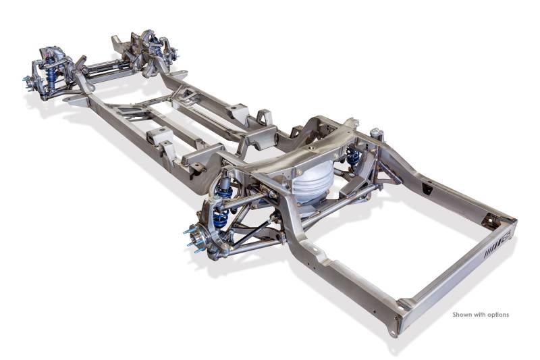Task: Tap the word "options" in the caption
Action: tap(497, 315)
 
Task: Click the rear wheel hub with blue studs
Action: tap(197, 238)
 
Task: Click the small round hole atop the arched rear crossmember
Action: tap(310, 148)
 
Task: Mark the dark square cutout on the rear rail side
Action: tap(427, 189)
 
